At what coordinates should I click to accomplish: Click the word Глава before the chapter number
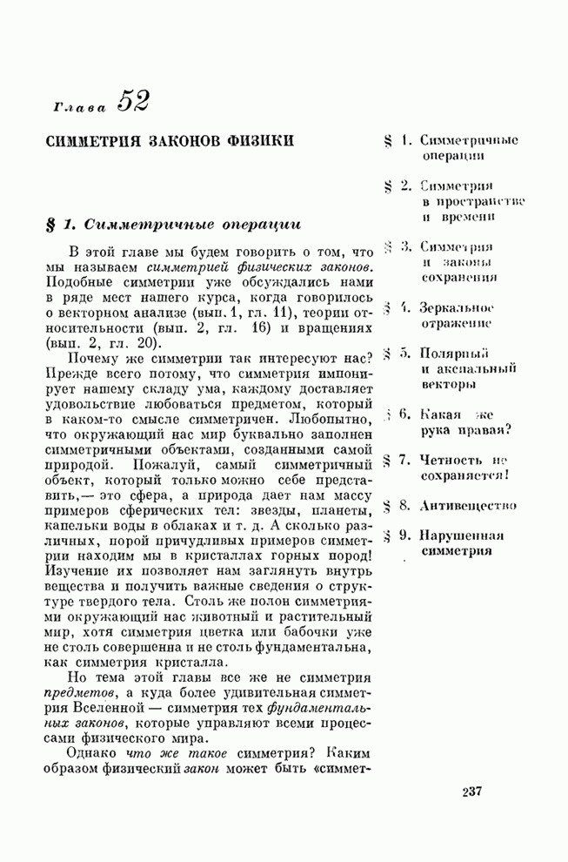click(x=79, y=107)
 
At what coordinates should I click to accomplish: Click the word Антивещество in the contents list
click(x=470, y=505)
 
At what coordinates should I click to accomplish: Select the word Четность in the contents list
click(x=449, y=461)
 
